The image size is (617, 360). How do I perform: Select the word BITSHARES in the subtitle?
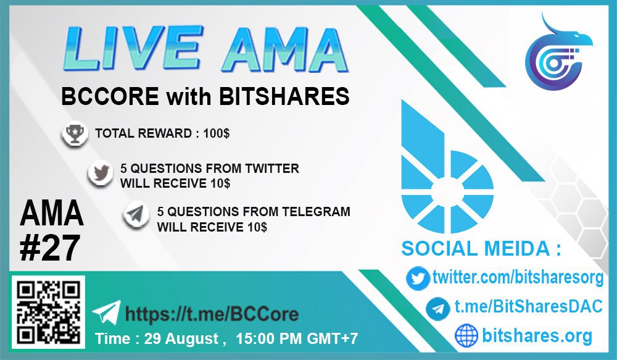(284, 96)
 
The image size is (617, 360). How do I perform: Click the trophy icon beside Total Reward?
(75, 134)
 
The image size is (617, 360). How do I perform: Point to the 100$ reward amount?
(217, 133)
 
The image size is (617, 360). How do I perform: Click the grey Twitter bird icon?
(101, 174)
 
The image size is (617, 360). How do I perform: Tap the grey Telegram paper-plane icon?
(136, 215)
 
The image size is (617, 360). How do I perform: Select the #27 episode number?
(50, 248)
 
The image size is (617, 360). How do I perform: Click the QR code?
(48, 312)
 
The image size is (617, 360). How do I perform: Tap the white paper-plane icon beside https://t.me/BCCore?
(107, 312)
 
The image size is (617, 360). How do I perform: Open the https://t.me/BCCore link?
(212, 314)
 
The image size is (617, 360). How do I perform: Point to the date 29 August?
(181, 339)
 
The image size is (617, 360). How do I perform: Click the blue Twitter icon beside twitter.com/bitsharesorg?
(418, 278)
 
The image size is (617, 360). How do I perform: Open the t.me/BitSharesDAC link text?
(529, 306)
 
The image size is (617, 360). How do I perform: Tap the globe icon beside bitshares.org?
(466, 335)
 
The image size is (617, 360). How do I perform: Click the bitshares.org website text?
(537, 335)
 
